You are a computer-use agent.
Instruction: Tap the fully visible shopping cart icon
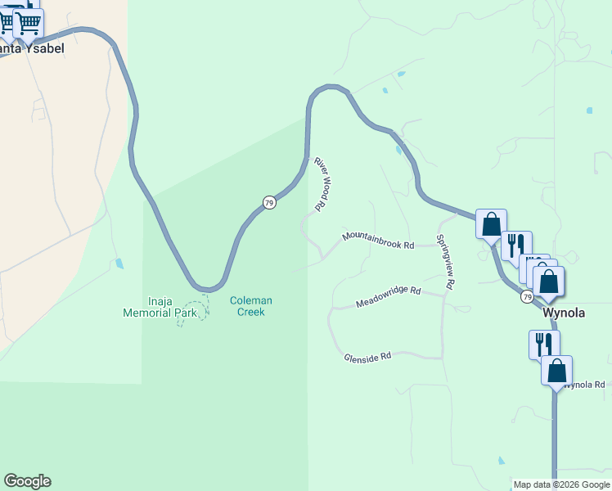click(29, 23)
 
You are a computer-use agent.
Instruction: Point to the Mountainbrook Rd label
click(379, 241)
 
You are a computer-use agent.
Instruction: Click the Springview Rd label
click(445, 263)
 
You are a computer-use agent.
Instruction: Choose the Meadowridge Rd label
click(388, 297)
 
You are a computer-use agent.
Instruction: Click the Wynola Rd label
click(585, 384)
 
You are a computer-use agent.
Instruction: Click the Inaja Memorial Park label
click(160, 306)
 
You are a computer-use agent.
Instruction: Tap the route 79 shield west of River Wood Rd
click(268, 202)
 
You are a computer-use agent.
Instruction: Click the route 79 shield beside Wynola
click(527, 296)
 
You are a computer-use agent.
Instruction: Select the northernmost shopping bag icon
click(491, 223)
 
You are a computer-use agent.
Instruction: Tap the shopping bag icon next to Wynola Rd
click(556, 371)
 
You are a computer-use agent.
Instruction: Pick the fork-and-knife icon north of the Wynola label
click(515, 245)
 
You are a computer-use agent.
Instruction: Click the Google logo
click(27, 481)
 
